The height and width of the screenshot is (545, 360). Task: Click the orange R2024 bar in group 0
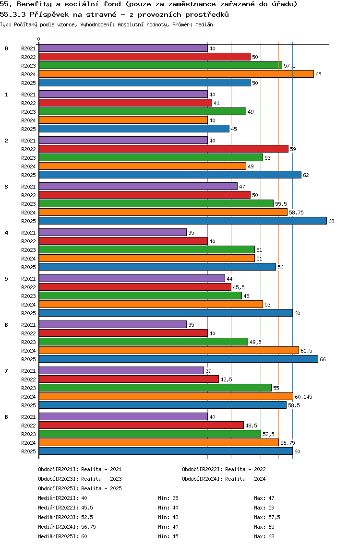click(176, 74)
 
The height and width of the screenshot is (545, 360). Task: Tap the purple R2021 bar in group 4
click(112, 232)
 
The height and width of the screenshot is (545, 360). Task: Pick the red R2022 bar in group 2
click(163, 149)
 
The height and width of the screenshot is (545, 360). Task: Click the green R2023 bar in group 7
click(155, 388)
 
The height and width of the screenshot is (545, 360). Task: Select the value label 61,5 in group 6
click(307, 351)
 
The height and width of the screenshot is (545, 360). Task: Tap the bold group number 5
click(6, 279)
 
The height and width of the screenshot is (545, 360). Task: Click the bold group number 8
click(6, 417)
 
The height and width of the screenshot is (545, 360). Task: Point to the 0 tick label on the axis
click(39, 39)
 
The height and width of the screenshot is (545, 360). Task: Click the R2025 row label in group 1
click(28, 129)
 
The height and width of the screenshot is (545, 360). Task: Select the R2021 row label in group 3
click(28, 187)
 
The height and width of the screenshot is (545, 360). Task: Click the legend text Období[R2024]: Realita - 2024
click(224, 479)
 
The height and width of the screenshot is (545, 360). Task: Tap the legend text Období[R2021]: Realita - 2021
click(80, 469)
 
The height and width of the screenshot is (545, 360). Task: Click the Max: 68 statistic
click(264, 536)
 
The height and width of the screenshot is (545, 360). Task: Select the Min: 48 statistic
click(167, 517)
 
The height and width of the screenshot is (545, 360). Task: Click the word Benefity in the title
click(30, 4)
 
